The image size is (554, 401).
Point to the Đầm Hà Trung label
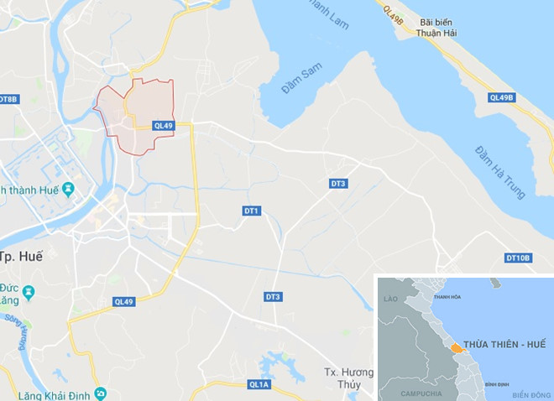(x=499, y=173)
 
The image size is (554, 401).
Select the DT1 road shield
(x=252, y=211)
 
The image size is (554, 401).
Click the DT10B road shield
(x=518, y=258)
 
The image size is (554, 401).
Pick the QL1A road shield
(x=259, y=384)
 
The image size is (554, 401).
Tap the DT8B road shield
(x=8, y=99)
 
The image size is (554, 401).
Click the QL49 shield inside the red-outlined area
(x=163, y=126)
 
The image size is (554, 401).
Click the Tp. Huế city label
(x=21, y=257)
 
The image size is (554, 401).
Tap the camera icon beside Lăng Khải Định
(x=100, y=393)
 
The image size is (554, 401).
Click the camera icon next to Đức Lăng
(x=29, y=292)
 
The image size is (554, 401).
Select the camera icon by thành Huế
(x=68, y=188)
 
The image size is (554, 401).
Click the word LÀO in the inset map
(x=389, y=299)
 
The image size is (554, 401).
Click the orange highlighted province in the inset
(x=454, y=346)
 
